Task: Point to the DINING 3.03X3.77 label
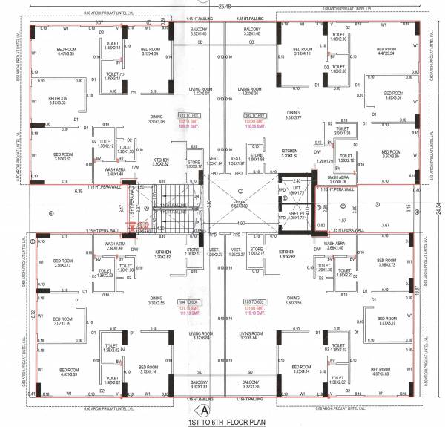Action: tap(294, 115)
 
